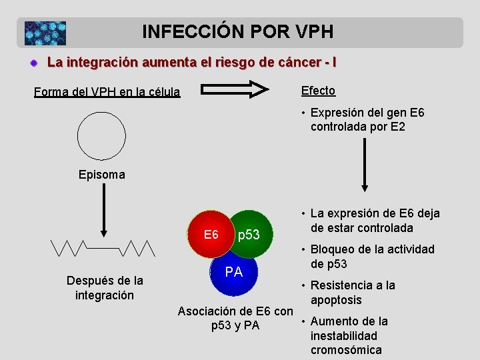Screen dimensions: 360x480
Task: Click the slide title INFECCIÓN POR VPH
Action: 237,31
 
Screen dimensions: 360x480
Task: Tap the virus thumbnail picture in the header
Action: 45,33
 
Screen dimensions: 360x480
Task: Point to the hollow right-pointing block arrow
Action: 235,89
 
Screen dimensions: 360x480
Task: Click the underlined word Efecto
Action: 318,91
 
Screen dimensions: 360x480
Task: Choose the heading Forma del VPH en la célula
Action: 107,92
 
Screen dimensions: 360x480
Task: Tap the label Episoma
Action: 101,175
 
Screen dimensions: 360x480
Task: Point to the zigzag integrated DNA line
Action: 102,248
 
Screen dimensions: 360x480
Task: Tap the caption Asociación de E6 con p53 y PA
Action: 235,319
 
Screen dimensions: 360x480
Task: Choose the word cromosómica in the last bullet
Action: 346,350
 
